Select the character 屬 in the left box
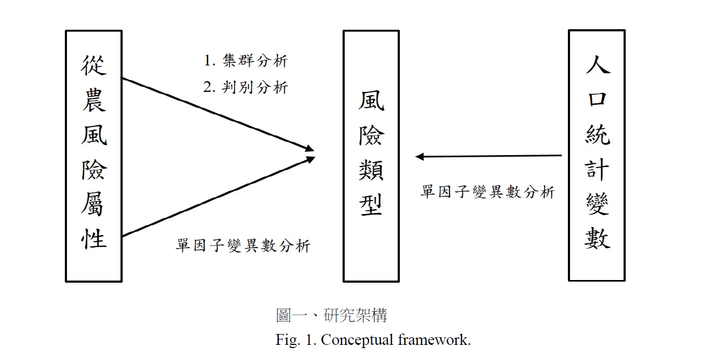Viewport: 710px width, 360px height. (93, 203)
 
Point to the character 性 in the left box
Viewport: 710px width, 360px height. (93, 237)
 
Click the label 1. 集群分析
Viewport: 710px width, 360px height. (246, 61)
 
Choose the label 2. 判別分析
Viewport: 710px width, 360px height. (246, 87)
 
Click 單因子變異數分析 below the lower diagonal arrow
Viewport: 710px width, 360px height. (243, 246)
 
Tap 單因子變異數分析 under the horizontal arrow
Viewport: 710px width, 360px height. (487, 192)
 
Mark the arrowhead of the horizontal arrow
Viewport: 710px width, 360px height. (419, 157)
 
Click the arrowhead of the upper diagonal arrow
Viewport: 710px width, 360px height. (310, 148)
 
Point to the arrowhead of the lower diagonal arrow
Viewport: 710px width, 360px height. (310, 158)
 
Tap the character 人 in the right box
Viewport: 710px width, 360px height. (597, 64)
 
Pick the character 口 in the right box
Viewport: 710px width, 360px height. (597, 98)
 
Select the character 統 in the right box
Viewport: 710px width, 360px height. (597, 134)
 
